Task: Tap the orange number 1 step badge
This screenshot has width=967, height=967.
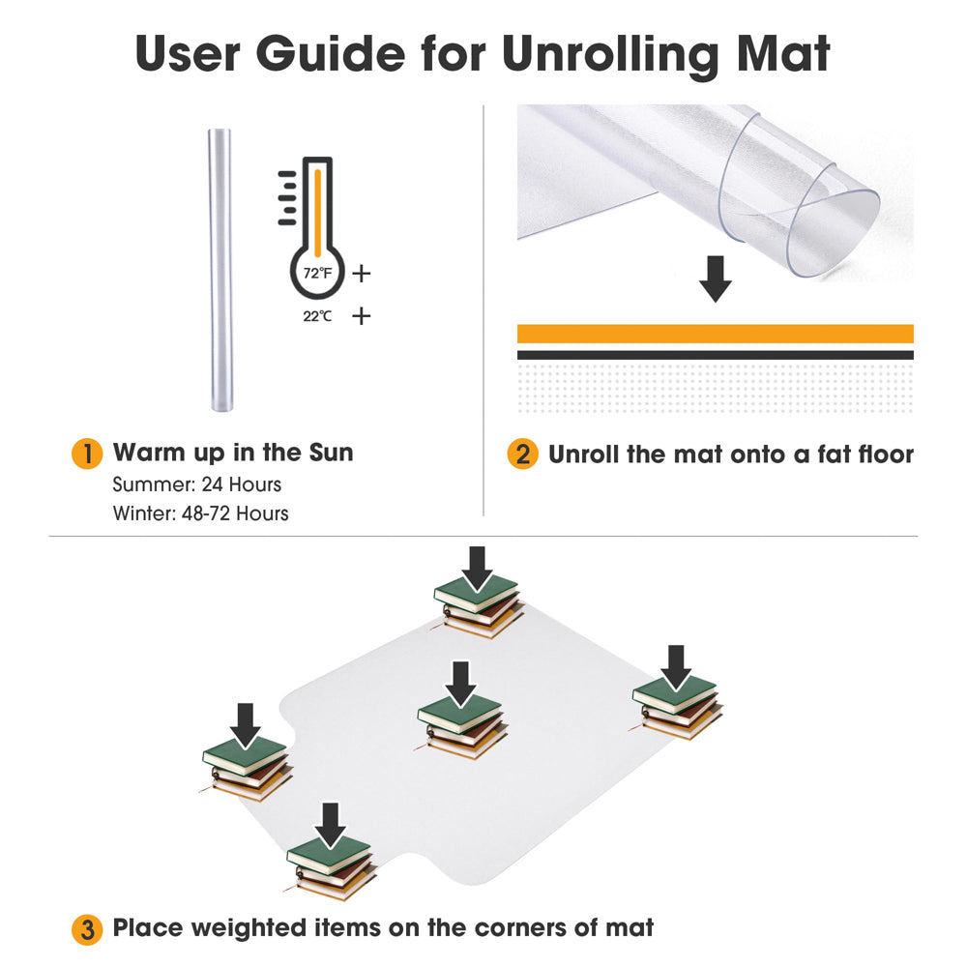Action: [x=87, y=454]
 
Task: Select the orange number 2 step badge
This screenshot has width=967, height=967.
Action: [x=522, y=454]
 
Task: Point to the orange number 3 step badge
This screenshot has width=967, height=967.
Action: [x=87, y=929]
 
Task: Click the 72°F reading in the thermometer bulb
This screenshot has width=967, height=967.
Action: [x=317, y=273]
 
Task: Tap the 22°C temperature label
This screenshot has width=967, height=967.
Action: [x=317, y=316]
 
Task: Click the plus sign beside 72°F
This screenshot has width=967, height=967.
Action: [x=362, y=274]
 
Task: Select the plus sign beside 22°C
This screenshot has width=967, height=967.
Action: [x=362, y=316]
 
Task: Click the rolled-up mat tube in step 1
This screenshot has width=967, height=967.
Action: [x=220, y=270]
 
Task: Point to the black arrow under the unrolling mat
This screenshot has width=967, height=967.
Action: [x=715, y=278]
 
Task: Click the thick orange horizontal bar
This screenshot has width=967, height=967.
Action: [x=715, y=334]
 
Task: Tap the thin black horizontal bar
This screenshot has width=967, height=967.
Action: [x=715, y=355]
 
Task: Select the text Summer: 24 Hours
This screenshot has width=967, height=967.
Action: [x=196, y=484]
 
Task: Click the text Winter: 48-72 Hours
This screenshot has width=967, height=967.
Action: [x=200, y=513]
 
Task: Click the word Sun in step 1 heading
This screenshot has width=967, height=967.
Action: [x=331, y=453]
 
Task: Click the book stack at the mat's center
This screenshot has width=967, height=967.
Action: [x=461, y=727]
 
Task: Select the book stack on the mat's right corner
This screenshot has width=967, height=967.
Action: [x=677, y=707]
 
